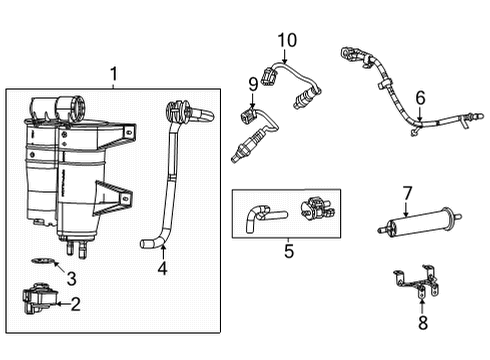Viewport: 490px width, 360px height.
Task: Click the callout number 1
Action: [x=113, y=73]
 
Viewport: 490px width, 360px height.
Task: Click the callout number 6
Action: [x=421, y=97]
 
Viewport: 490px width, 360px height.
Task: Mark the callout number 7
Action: [x=407, y=192]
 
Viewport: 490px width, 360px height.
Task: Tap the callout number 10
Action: [x=288, y=39]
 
